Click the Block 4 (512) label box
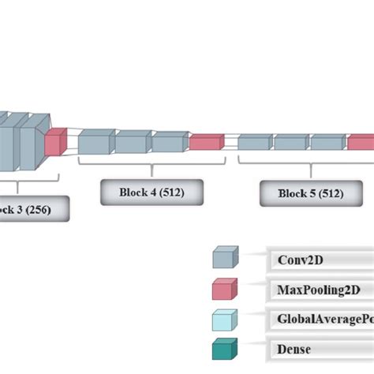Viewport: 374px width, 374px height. (151, 192)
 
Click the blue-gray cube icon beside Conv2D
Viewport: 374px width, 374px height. (224, 257)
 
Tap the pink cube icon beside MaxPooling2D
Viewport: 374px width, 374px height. (224, 288)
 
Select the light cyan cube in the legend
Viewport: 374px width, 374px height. (224, 319)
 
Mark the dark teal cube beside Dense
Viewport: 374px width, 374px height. (224, 349)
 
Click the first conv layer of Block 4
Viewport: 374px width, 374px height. (95, 143)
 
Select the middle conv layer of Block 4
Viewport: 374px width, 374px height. (133, 142)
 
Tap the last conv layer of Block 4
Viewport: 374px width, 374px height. (169, 142)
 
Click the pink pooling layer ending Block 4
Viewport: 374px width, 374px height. (206, 142)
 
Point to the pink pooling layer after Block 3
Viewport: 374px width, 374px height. (55, 142)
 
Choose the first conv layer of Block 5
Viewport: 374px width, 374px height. (255, 143)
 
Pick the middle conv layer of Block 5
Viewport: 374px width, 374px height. (290, 143)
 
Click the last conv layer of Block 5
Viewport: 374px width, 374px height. (327, 143)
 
